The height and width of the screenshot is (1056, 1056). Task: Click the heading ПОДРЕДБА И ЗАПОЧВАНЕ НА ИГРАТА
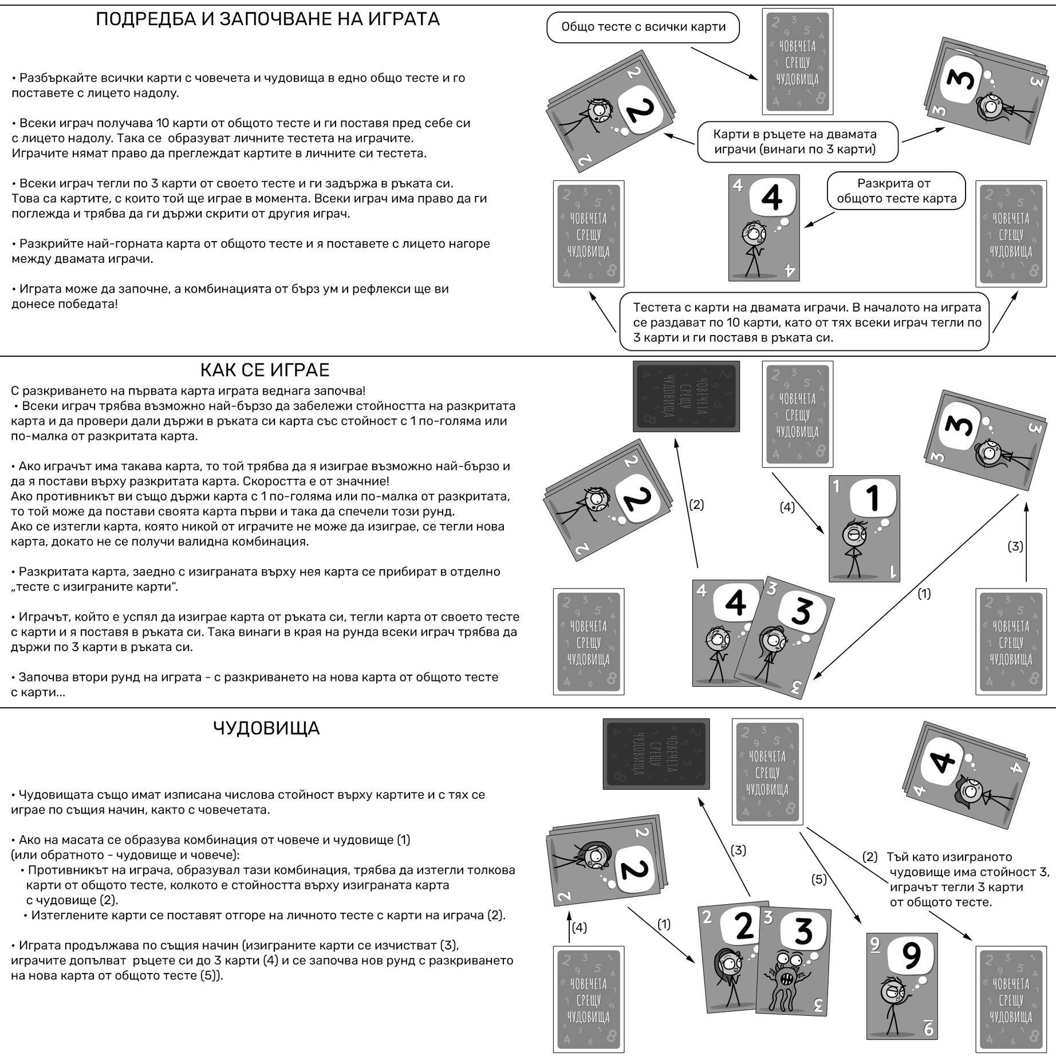(x=267, y=19)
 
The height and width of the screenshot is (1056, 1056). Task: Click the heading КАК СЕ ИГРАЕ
(x=265, y=370)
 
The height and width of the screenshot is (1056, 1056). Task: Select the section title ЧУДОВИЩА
(x=266, y=728)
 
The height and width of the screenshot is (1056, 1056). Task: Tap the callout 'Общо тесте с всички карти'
(x=643, y=27)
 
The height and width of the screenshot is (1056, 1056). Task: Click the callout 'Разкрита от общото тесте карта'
(x=896, y=191)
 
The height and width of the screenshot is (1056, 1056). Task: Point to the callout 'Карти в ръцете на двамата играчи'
(x=797, y=141)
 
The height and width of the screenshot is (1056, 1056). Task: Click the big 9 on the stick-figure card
(x=911, y=955)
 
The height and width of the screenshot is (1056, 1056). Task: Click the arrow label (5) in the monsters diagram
(x=819, y=879)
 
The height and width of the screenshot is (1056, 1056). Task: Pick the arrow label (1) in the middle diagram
(x=924, y=594)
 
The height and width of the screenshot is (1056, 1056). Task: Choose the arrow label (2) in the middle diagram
(x=696, y=505)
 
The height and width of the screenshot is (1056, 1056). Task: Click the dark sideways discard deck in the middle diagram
(x=686, y=396)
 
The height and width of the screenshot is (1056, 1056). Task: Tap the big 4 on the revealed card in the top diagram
(x=772, y=198)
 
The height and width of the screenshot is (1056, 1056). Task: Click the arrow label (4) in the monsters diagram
(x=579, y=927)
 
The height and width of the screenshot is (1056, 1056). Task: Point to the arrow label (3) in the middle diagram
(x=1015, y=546)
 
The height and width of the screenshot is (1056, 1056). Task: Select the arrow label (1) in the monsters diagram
(x=664, y=924)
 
